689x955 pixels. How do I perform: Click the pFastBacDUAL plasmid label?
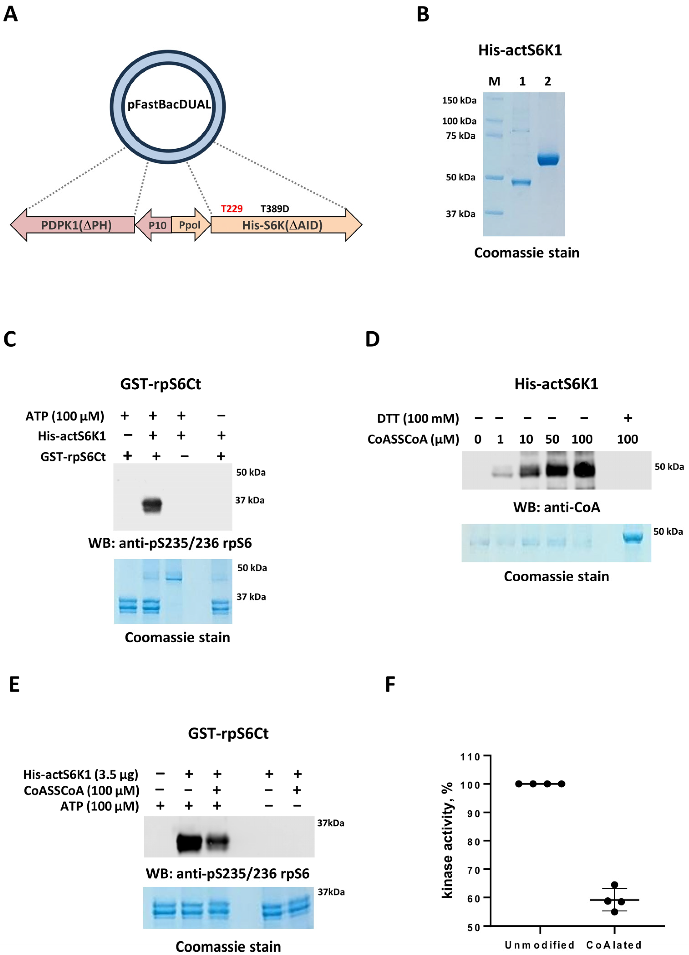tap(169, 104)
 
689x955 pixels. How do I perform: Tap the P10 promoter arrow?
tap(156, 225)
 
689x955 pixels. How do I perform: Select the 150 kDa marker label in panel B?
tap(459, 100)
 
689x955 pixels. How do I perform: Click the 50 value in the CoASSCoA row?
tap(552, 439)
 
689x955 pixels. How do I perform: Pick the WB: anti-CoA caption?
tap(556, 507)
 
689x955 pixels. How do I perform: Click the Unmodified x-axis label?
tap(539, 945)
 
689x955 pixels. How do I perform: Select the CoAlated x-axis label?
tap(614, 945)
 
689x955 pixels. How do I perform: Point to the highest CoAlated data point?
tap(614, 885)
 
